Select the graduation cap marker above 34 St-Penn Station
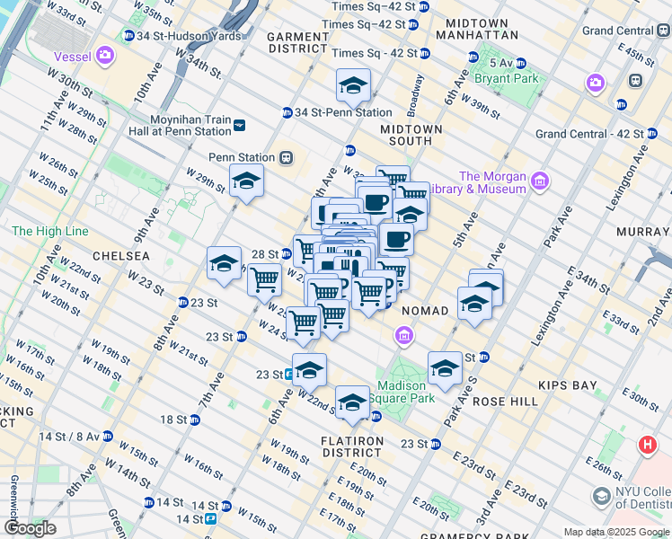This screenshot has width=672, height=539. [x=353, y=86]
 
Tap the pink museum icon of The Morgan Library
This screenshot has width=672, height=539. [x=540, y=182]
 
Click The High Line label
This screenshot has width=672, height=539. [x=49, y=231]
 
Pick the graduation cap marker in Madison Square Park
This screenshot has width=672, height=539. [x=444, y=367]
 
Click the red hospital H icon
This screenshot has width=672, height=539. [x=646, y=445]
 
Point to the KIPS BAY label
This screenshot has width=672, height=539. [x=567, y=385]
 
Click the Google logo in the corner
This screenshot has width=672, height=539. [x=30, y=528]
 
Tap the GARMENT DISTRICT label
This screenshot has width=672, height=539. [x=299, y=42]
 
